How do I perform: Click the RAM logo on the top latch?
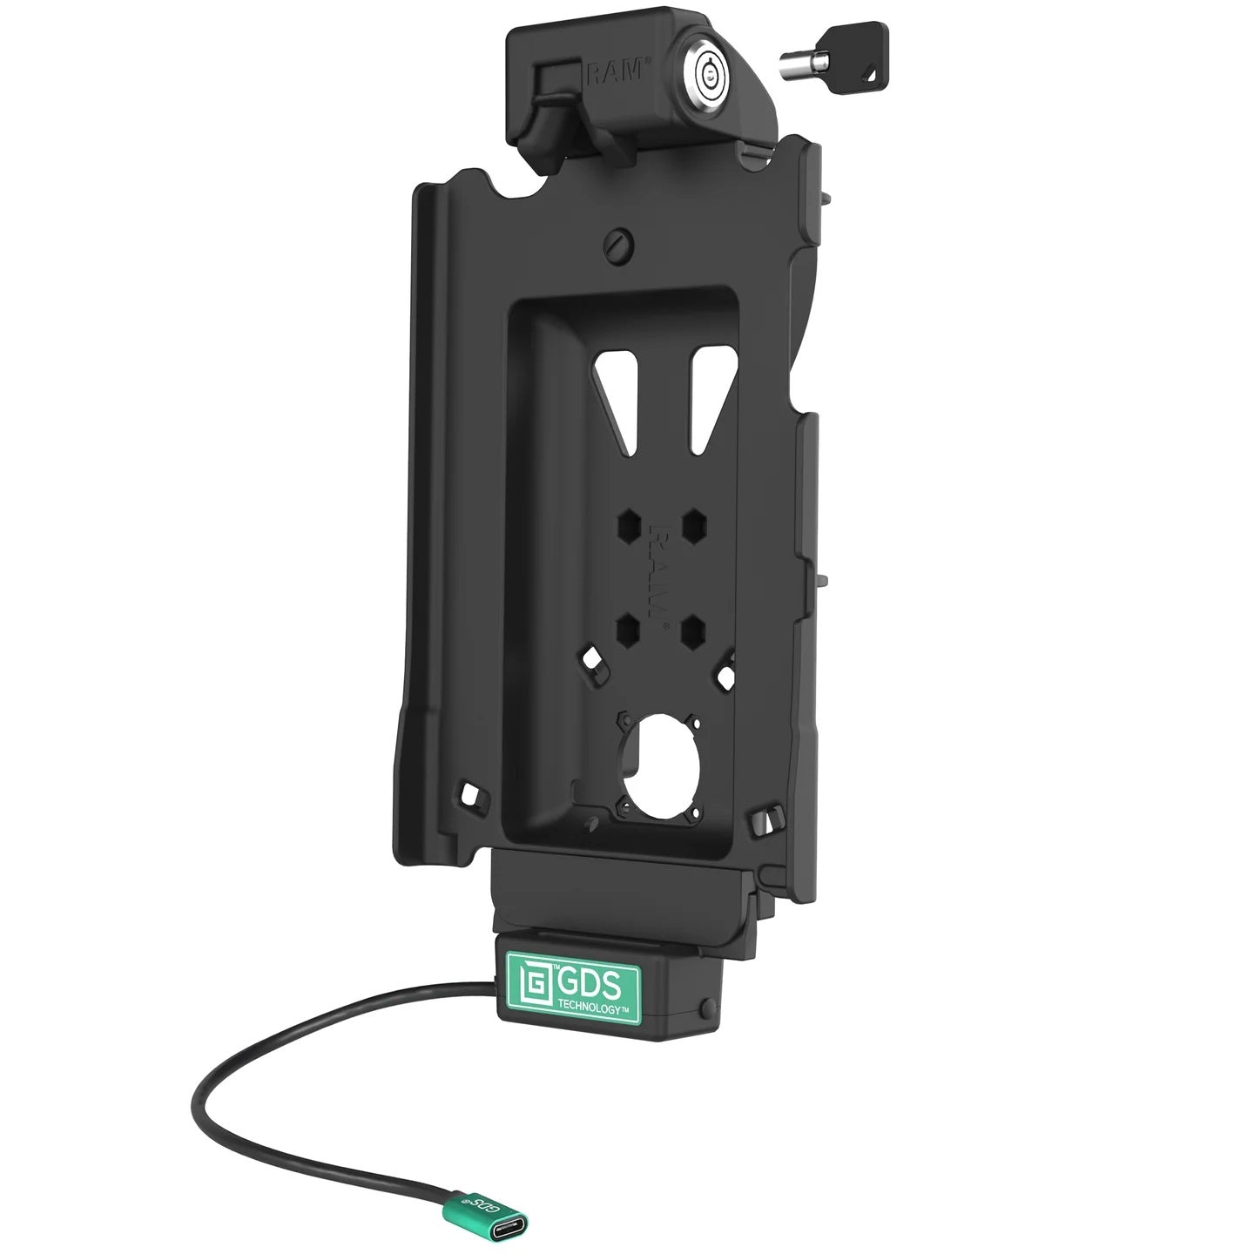coord(619,75)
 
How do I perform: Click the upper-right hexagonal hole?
coord(694,525)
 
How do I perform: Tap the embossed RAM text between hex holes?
coord(661,575)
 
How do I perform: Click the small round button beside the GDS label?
coord(705,1008)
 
